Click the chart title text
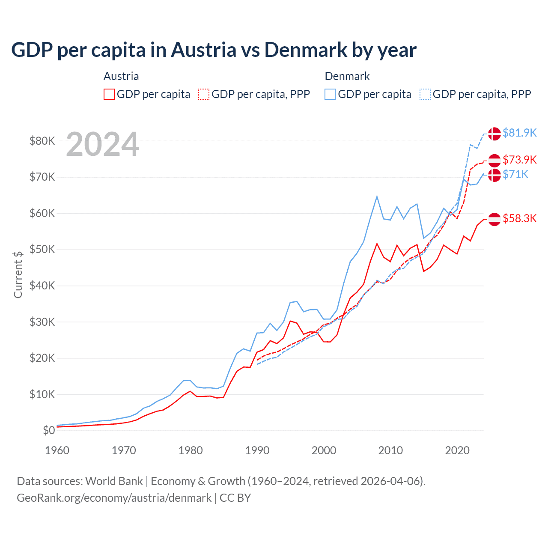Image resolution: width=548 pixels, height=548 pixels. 214,50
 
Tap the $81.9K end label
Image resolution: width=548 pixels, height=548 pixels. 519,133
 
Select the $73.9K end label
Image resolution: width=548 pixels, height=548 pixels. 519,160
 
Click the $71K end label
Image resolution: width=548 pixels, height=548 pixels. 515,174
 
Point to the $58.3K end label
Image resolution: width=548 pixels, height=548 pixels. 519,218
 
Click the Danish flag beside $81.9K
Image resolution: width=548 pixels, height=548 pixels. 494,134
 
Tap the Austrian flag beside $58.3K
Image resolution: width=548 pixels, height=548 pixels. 494,219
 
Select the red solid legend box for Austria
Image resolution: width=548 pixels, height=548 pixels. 109,94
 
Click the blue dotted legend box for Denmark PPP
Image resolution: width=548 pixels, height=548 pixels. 425,94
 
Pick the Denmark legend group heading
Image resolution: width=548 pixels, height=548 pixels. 347,76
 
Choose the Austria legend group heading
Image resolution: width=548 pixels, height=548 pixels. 121,76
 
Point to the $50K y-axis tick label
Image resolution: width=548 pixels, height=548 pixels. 42,249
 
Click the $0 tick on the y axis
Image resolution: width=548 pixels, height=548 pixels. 49,430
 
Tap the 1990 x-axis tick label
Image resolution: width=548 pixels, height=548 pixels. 257,450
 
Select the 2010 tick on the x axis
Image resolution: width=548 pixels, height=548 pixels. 390,450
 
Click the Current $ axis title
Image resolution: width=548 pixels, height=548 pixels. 18,274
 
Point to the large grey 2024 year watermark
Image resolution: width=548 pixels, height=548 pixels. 103,144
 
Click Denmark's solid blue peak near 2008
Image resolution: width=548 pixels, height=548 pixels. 377,197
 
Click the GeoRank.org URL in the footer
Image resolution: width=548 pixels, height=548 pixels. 114,498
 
